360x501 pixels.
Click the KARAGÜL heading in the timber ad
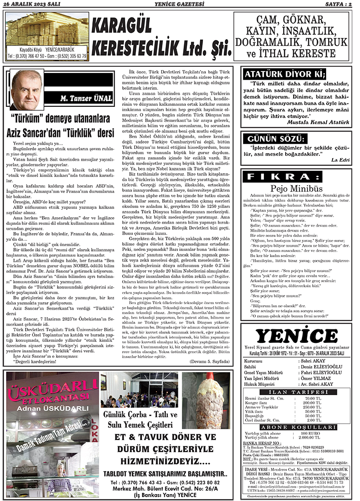point(127,27)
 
